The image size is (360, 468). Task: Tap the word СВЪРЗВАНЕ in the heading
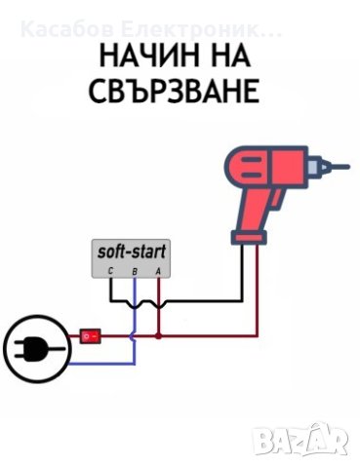point(179,92)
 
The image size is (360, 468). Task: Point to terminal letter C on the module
point(111,270)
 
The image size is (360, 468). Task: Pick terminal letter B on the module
point(135,270)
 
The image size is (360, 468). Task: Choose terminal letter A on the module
point(158,270)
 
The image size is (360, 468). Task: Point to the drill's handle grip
point(253,210)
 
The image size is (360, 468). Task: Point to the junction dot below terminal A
point(158,337)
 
